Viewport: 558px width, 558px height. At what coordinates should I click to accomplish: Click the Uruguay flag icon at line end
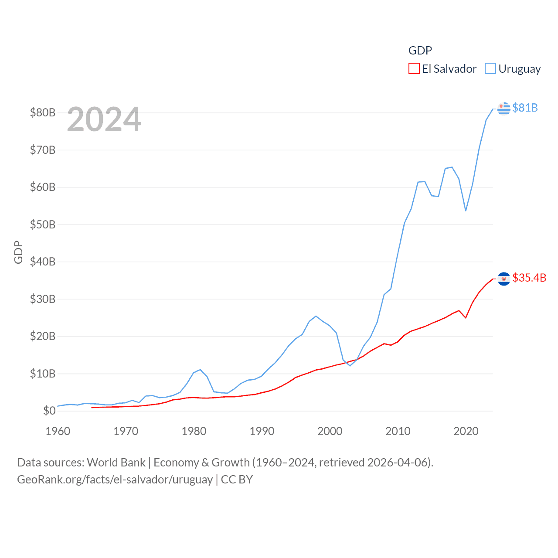504,108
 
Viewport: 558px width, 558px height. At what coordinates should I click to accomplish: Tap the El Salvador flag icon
504,279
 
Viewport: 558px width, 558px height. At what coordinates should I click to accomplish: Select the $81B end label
525,108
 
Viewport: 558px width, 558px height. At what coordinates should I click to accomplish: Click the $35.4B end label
529,278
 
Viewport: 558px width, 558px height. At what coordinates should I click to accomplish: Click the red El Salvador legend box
414,69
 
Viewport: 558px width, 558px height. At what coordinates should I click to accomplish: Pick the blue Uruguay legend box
490,69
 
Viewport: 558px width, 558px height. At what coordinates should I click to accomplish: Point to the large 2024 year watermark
104,119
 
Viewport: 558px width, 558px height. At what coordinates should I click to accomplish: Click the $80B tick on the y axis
43,112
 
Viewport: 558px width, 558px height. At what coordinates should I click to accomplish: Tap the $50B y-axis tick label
43,225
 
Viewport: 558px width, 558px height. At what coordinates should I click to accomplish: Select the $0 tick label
49,411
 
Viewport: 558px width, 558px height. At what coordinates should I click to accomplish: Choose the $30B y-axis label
43,299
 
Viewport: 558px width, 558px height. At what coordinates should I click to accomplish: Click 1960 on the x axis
58,431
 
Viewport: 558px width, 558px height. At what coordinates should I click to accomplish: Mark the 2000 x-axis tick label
330,431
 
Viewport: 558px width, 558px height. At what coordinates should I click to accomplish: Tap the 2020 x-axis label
466,431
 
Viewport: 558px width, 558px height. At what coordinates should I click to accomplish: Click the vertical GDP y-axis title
18,252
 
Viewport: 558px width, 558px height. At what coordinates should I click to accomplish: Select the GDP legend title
420,51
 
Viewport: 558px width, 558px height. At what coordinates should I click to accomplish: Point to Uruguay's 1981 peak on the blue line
200,370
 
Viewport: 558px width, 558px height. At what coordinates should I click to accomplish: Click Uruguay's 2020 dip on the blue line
466,211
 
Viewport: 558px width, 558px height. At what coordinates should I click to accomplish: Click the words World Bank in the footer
116,462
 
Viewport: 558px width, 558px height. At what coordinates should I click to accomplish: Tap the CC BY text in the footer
237,480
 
